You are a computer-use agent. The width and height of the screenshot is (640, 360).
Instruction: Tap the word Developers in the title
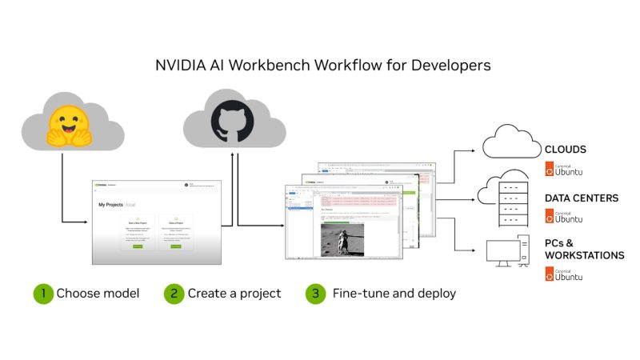coord(447,65)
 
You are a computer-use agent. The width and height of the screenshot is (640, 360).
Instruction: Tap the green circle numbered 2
coord(174,294)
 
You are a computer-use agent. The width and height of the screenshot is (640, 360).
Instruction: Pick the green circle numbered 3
coord(316,294)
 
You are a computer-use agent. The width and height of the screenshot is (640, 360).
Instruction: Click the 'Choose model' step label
coord(98,294)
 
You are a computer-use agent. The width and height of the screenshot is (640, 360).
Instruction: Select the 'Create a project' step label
coord(234,294)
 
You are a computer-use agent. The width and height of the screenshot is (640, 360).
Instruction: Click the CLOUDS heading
coord(566,150)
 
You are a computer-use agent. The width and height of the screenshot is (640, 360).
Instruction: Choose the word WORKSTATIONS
coord(584,255)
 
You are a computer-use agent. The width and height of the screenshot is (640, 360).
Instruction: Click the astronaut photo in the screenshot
coord(342,239)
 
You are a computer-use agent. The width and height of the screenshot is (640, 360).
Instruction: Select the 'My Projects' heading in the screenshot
coord(112,205)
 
